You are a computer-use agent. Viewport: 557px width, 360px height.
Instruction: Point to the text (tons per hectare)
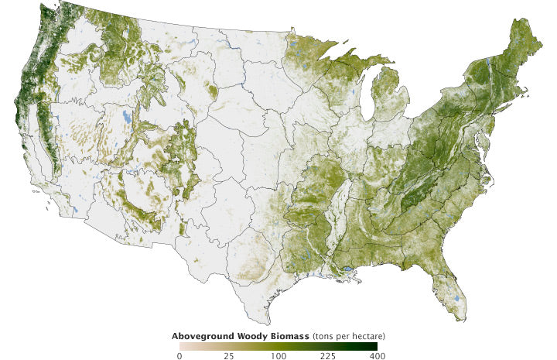point(349,336)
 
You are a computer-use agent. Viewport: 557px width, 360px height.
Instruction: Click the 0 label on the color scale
point(179,356)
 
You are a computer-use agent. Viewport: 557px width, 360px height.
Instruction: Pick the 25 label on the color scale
point(229,356)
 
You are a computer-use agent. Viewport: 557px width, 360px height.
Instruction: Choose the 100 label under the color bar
point(278,356)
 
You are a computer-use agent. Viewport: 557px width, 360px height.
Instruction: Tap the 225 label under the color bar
point(327,356)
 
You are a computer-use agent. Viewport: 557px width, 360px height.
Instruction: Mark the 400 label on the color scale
point(376,356)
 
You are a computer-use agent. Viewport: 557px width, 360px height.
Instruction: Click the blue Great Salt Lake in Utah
point(127,118)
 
